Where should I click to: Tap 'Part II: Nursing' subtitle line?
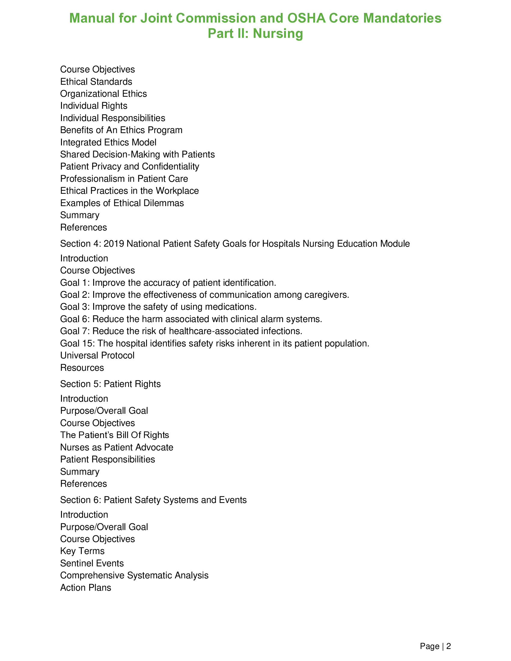pos(255,33)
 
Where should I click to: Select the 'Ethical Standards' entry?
pos(96,82)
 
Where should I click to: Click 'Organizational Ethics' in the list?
pos(103,94)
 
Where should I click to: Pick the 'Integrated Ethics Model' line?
pos(108,142)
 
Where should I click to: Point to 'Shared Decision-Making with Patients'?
pos(137,154)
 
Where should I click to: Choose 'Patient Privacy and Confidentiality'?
pos(130,166)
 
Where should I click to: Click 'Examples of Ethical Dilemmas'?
pos(122,203)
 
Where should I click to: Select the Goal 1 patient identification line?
pos(168,283)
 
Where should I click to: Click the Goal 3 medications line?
pos(158,307)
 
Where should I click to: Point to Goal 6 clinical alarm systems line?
pos(191,319)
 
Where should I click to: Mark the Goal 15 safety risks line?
pos(215,343)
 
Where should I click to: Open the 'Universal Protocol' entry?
pos(97,355)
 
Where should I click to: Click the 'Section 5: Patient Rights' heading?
pos(110,384)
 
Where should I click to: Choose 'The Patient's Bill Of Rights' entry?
pos(115,435)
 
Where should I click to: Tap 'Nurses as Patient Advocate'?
pos(117,447)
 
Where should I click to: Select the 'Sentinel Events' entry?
pos(92,563)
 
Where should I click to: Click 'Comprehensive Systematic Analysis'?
pos(134,575)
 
